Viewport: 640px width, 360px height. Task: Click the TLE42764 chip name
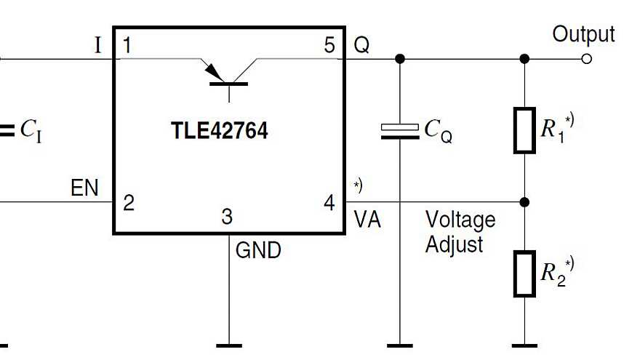tap(219, 131)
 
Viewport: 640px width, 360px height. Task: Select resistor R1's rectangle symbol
tap(524, 131)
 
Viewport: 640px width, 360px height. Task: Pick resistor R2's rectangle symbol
tap(524, 274)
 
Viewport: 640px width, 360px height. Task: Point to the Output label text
tap(583, 34)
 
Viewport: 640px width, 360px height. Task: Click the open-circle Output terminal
tap(587, 58)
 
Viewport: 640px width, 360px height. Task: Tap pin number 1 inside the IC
tap(128, 45)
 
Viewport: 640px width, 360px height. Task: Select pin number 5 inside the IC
tap(329, 45)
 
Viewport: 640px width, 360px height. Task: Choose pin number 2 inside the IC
tap(129, 202)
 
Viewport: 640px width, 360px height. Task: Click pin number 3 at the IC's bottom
tap(228, 217)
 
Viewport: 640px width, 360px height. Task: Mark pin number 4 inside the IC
tap(329, 203)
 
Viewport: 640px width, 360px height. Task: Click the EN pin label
tap(84, 188)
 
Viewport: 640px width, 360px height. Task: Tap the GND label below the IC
tap(258, 251)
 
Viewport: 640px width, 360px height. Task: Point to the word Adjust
tap(454, 244)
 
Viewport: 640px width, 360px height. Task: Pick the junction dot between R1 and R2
tap(524, 201)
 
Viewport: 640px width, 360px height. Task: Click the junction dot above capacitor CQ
tap(399, 58)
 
